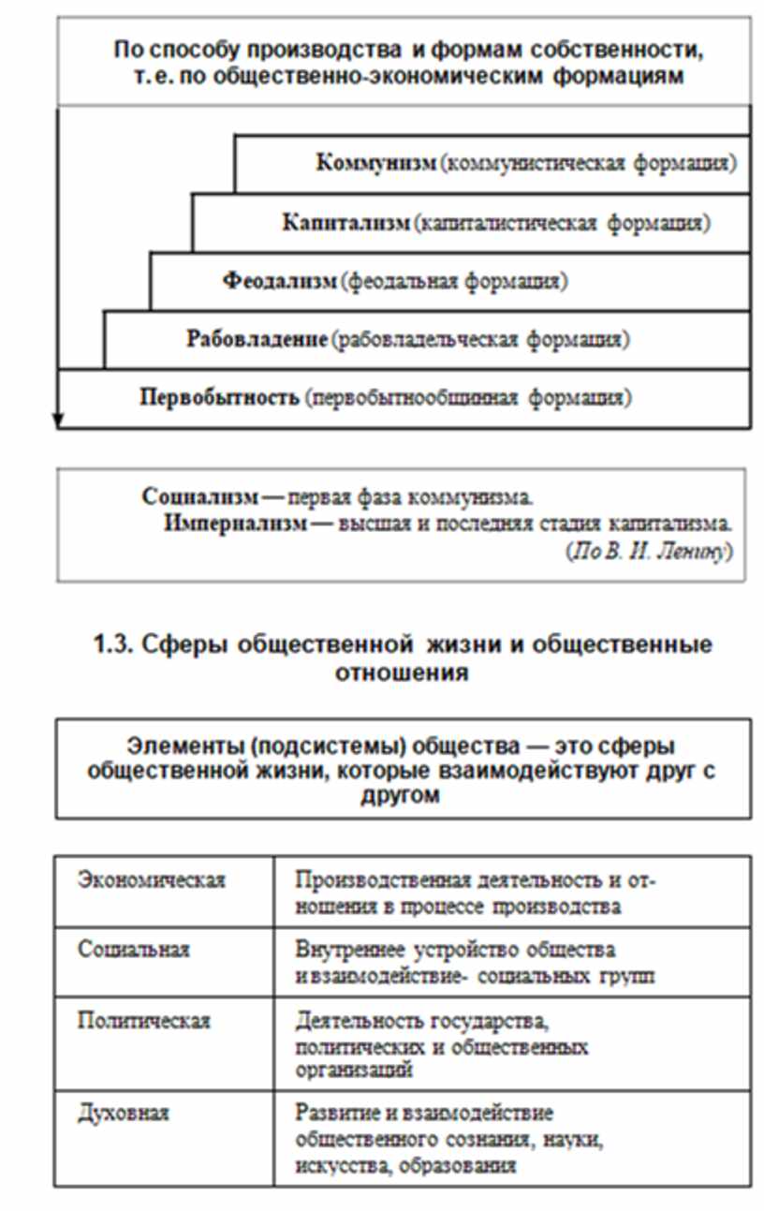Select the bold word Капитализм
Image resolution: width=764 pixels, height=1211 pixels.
coord(346,223)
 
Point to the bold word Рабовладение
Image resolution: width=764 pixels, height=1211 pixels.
coord(257,339)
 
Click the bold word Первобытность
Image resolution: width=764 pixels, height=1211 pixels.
coord(220,397)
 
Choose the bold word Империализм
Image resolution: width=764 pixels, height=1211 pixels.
coord(235,523)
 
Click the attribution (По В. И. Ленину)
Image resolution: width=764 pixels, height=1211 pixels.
coord(648,552)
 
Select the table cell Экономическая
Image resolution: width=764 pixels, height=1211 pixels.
coord(152,880)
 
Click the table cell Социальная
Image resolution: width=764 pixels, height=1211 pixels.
coord(134,950)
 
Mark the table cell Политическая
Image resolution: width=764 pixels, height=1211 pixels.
coord(144,1020)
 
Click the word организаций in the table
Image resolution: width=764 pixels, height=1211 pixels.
coord(353,1069)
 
